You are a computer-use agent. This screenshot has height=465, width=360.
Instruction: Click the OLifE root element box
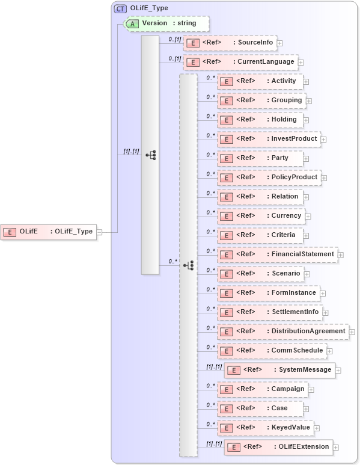48,232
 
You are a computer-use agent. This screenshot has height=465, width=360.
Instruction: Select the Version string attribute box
166,23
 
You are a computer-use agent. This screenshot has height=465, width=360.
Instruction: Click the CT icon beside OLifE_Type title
120,8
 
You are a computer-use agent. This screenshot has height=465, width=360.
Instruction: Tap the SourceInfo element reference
229,43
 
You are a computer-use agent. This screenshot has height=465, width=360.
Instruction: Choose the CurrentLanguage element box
240,61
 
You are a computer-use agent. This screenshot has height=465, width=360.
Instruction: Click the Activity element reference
260,81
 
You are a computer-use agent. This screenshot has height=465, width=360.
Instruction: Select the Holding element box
260,120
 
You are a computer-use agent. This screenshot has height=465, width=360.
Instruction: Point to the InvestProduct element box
268,139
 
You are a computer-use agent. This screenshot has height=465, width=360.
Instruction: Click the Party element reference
260,158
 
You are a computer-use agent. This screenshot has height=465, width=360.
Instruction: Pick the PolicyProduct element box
268,177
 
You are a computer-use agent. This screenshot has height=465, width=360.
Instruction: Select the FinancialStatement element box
277,254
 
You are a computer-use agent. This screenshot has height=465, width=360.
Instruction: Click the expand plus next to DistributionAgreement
352,332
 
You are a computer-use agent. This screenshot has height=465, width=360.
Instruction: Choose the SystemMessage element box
279,370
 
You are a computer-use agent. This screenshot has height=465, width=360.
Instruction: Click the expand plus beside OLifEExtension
336,448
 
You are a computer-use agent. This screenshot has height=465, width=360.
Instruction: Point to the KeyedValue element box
265,428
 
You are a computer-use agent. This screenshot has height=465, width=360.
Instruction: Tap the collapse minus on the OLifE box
100,232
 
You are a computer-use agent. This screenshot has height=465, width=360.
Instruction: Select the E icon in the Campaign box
225,390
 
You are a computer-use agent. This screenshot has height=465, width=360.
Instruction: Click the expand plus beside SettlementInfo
325,313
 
